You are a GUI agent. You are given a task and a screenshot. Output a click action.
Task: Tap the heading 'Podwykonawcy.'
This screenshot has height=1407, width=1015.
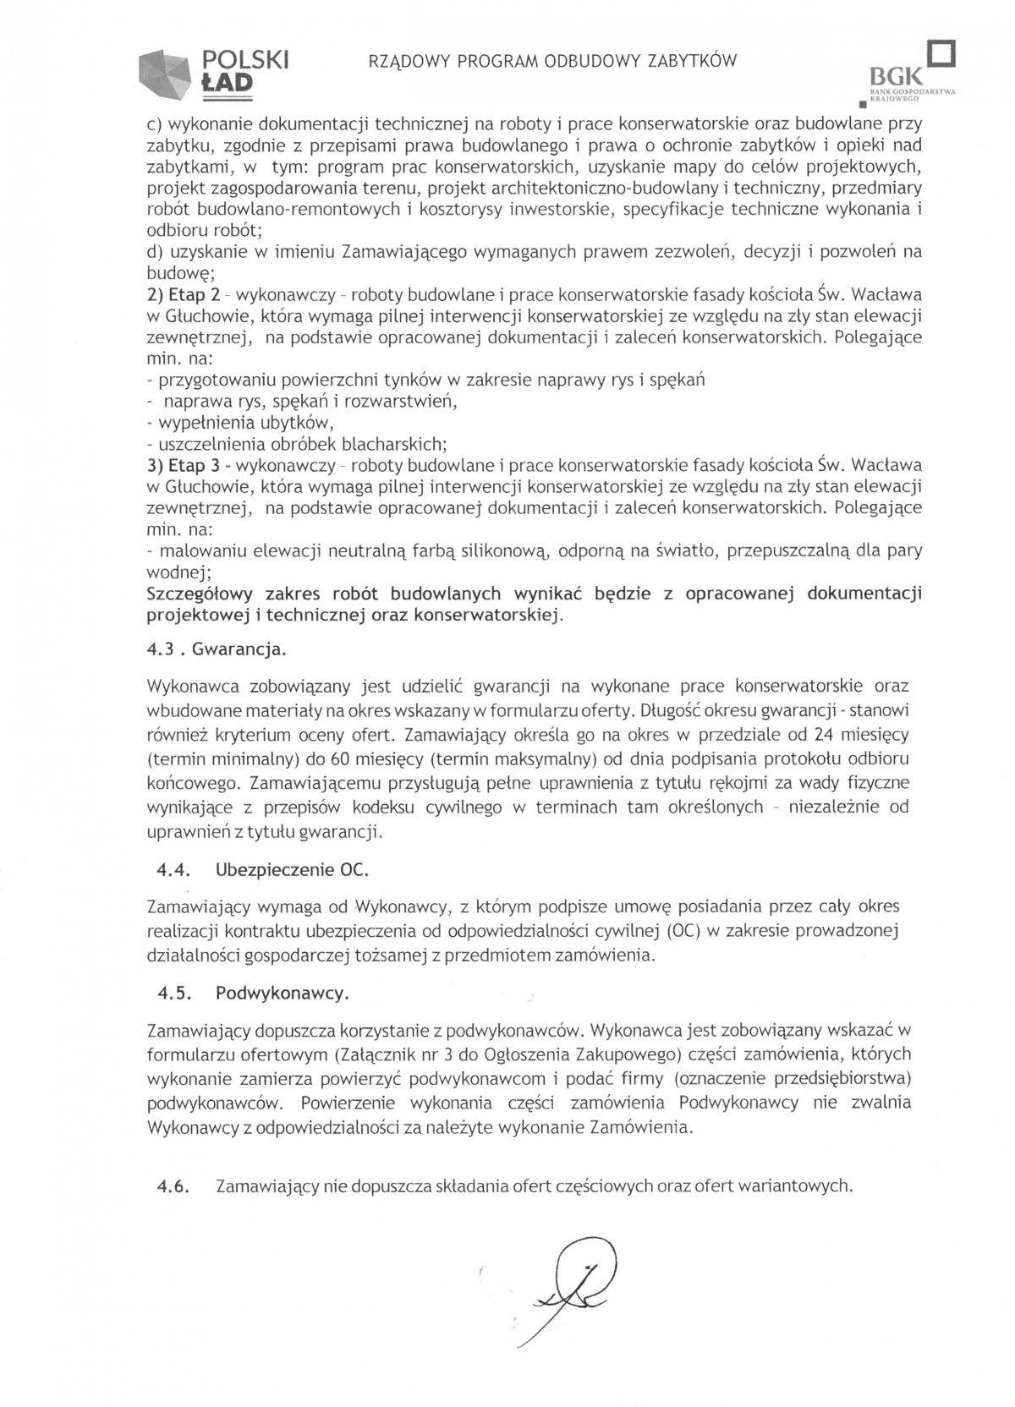[x=282, y=994]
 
